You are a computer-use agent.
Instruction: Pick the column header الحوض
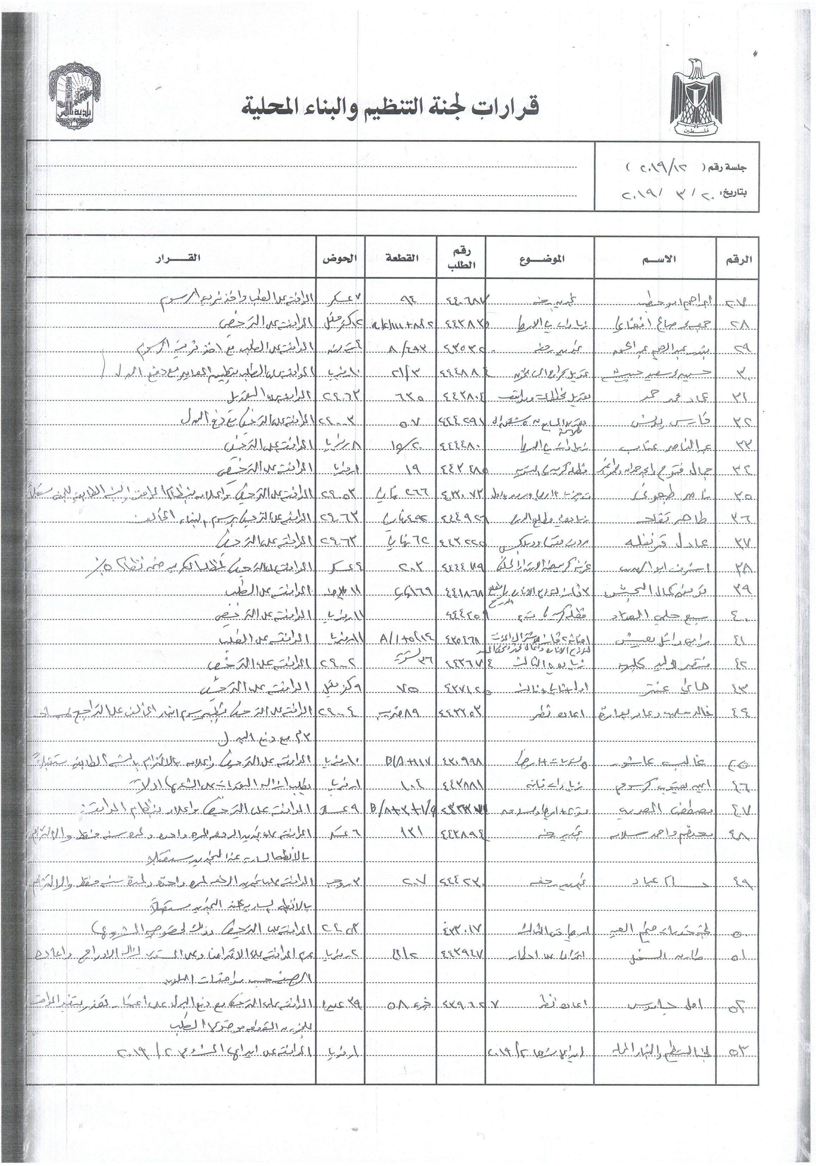pyautogui.click(x=339, y=258)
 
